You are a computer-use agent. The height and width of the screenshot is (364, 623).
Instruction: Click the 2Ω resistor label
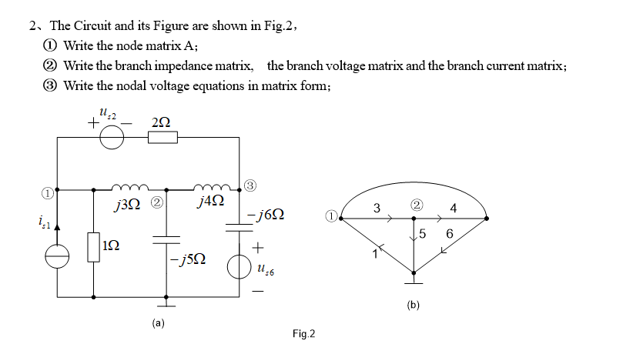[x=162, y=122]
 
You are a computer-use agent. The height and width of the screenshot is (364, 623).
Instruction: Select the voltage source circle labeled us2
[x=113, y=138]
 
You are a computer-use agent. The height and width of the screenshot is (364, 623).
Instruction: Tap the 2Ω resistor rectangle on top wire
[x=162, y=138]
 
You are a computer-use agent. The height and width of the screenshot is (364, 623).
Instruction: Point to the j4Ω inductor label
[x=211, y=202]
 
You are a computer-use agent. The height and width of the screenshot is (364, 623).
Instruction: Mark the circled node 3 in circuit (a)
[x=250, y=183]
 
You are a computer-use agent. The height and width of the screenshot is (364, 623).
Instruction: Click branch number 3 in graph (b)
[x=376, y=208]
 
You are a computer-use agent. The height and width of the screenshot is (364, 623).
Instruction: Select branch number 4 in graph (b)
[x=453, y=208]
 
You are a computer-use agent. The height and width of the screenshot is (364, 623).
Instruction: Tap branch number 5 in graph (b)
[x=423, y=234]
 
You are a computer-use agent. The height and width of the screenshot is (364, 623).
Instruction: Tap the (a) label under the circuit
[x=158, y=323]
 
